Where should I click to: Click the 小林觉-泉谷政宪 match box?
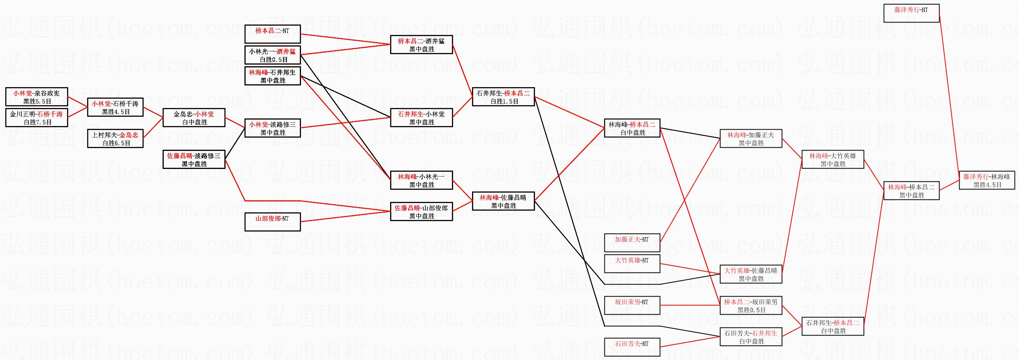coord(37,97)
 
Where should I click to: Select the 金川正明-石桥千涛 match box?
coord(37,118)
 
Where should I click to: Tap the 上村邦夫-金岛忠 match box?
coord(115,138)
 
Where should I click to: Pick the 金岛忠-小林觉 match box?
coord(194,118)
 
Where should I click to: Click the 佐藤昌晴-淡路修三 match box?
coord(194,159)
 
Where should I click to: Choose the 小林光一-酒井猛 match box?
coord(273,55)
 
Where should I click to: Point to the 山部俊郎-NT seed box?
coord(273,222)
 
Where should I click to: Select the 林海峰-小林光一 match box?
coord(421,180)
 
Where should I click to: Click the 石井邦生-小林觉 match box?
coord(421,118)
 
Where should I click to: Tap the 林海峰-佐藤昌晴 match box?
coord(503,201)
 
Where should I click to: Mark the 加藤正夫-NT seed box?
coord(632,243)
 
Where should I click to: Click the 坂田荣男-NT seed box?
coord(632,305)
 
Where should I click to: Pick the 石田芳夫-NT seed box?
coord(632,347)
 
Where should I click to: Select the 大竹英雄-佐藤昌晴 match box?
coord(751,274)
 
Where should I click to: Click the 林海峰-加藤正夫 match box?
coord(751,138)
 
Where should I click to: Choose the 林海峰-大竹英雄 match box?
coord(833,159)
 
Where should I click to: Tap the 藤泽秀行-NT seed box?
coord(911,13)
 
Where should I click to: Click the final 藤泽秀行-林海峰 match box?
coord(987,180)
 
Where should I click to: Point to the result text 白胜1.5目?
coord(504,102)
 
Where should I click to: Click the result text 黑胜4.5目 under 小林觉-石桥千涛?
coord(116,112)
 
